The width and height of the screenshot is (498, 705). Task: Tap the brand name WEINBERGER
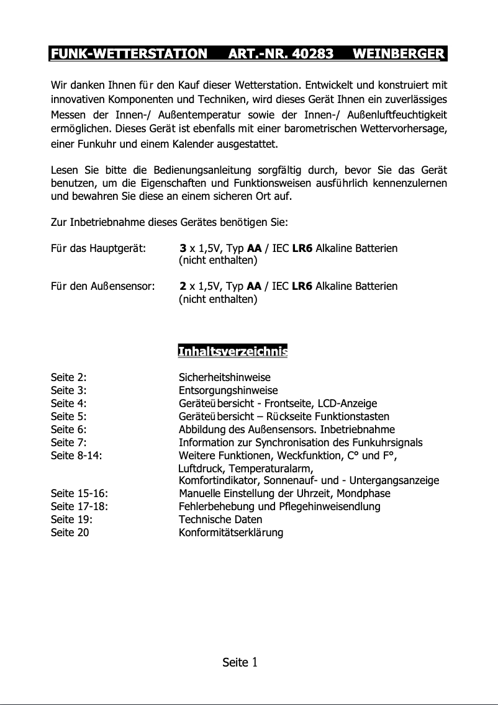coord(398,54)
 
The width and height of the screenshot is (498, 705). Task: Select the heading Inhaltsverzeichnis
coord(232,352)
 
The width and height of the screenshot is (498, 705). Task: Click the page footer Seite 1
coord(240,662)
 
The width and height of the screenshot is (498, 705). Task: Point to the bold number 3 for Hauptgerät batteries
coord(183,249)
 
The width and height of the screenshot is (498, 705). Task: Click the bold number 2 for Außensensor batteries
coord(183,286)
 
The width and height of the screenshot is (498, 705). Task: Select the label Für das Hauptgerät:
coord(98,249)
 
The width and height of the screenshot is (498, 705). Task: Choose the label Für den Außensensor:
coord(102,286)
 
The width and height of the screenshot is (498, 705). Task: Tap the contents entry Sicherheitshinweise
coord(224,377)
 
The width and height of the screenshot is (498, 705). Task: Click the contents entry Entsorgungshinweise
coord(228,390)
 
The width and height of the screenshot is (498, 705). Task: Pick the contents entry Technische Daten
coord(220,519)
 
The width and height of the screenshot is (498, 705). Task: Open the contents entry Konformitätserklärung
coord(231,532)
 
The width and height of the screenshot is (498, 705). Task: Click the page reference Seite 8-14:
coord(76,456)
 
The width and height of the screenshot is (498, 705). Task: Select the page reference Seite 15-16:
coord(79,494)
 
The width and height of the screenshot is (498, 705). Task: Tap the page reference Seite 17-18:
coord(79,506)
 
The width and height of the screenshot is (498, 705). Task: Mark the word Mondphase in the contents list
coord(365,494)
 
